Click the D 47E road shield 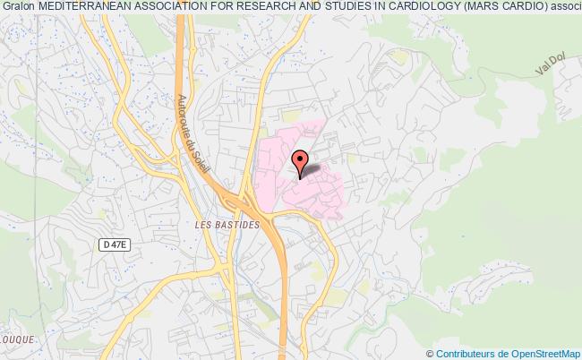pos(110,243)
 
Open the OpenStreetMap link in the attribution pos(541,353)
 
